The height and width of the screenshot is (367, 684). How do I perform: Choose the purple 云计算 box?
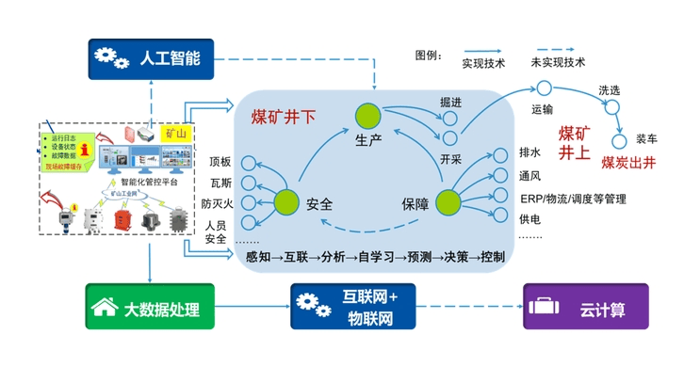pos(585,308)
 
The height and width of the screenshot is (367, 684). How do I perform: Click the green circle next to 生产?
pos(367,117)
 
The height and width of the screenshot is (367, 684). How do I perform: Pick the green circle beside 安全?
pos(287,200)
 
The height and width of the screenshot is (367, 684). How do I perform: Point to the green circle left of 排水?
pos(447,200)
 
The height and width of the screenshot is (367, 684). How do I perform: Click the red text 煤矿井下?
pos(284,118)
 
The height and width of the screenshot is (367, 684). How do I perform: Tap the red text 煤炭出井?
pos(628,160)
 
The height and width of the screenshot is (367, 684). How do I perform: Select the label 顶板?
pos(220,161)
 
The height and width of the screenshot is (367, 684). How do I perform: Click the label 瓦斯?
pos(220,182)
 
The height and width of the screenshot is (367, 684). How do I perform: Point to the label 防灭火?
pos(215,202)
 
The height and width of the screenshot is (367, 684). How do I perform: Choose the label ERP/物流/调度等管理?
pos(572,199)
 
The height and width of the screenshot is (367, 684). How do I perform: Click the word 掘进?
pos(450,101)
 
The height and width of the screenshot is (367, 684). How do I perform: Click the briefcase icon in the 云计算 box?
pos(547,308)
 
